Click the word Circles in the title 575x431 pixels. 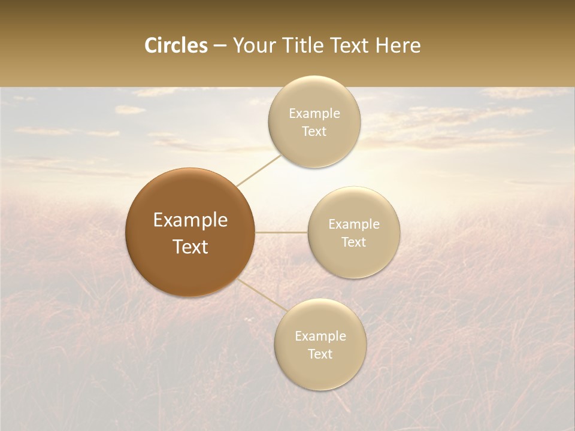[x=175, y=45]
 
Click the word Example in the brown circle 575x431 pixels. [x=190, y=220]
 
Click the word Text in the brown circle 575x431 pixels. [x=190, y=247]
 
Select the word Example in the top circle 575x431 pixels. [x=314, y=114]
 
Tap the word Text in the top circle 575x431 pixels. [x=314, y=132]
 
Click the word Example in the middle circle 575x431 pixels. [x=354, y=224]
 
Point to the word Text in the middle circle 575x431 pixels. [x=354, y=242]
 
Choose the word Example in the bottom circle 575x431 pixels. [x=320, y=336]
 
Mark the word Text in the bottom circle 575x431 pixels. [x=320, y=354]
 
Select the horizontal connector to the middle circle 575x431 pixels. [x=282, y=232]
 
